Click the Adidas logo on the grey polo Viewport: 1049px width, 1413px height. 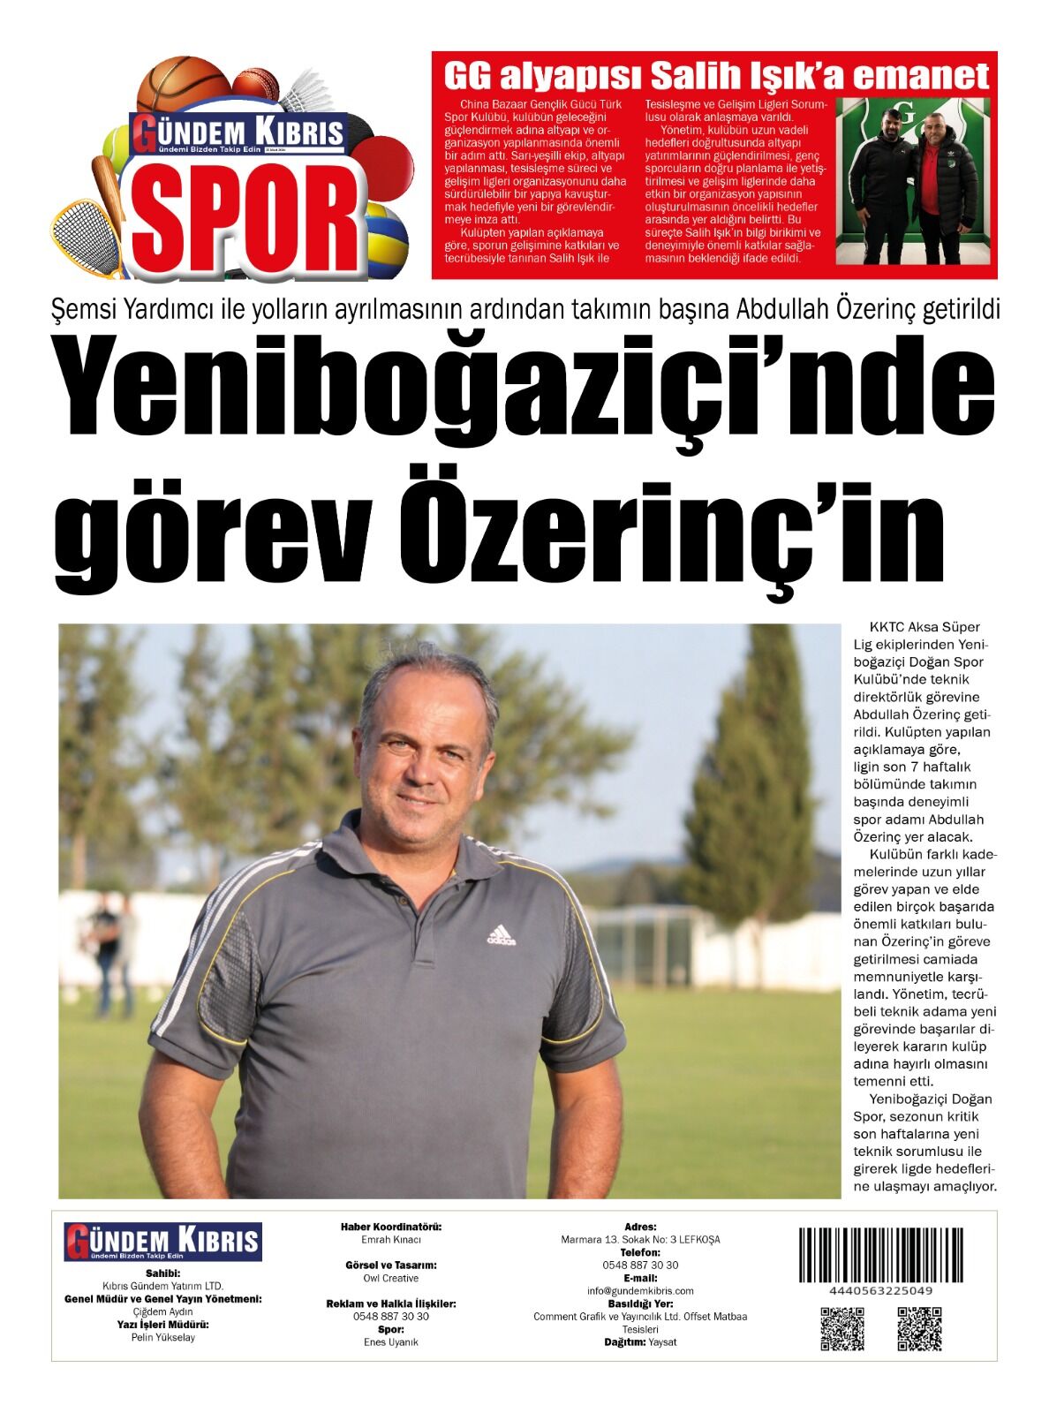[x=501, y=935]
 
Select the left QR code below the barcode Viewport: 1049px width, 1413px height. [x=841, y=1328]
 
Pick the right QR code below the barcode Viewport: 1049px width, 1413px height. [x=918, y=1328]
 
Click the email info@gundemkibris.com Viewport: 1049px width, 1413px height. [x=640, y=1290]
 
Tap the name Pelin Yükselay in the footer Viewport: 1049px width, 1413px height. [x=162, y=1337]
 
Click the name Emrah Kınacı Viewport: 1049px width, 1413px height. [x=391, y=1240]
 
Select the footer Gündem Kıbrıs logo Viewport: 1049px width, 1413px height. [x=162, y=1242]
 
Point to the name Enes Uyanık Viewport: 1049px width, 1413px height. [x=391, y=1341]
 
